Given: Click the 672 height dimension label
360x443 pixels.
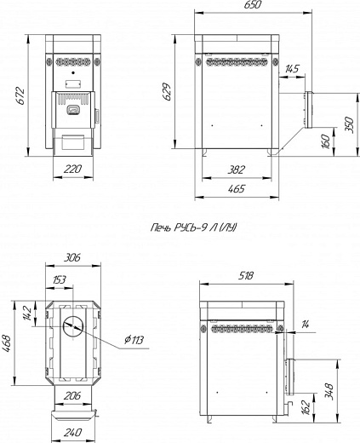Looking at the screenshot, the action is [20, 97].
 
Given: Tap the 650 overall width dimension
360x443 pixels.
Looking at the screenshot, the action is [252, 5].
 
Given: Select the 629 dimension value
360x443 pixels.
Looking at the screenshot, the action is [167, 91].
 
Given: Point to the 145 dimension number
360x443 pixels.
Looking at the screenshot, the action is [292, 69].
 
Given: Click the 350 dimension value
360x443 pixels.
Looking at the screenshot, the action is [350, 124].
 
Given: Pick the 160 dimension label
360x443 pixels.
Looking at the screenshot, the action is [326, 141].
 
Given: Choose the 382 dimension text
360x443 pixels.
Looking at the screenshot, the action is [236, 170].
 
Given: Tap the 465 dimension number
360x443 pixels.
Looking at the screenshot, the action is [236, 188].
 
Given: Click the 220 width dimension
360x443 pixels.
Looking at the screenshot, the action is [72, 169].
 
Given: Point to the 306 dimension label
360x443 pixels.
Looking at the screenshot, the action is [72, 257].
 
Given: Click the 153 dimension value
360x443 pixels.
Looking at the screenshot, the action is [60, 279].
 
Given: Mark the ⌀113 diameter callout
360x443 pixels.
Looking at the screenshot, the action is [134, 340].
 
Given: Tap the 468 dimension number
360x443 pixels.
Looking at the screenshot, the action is [8, 343].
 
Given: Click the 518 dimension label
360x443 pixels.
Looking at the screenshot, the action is [246, 275].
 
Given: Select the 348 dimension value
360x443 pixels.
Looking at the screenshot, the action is [329, 391].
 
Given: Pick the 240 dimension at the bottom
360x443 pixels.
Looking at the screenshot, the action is [72, 432].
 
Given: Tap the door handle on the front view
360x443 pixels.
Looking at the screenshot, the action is [73, 110].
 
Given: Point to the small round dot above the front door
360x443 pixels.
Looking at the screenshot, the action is [73, 72].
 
